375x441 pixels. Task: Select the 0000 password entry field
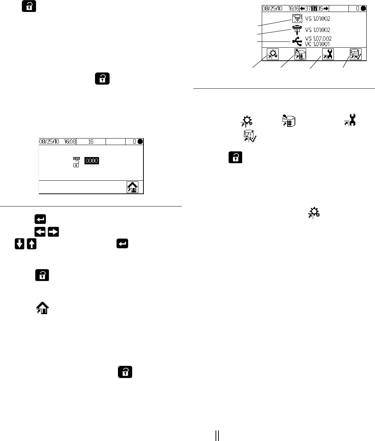point(92,160)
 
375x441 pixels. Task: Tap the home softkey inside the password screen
point(132,187)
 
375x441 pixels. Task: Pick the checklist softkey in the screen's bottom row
point(355,54)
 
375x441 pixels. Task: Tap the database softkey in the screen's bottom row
point(301,54)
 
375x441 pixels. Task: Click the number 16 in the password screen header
point(91,141)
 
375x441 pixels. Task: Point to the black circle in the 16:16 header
point(363,8)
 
